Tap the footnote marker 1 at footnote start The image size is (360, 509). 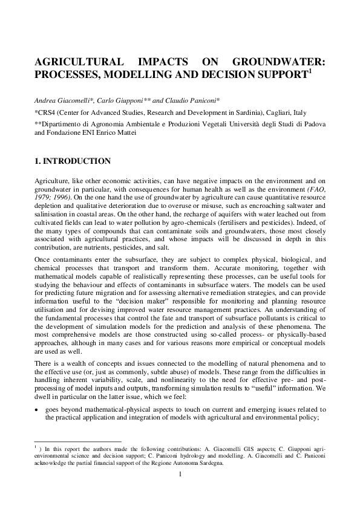tap(36, 448)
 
